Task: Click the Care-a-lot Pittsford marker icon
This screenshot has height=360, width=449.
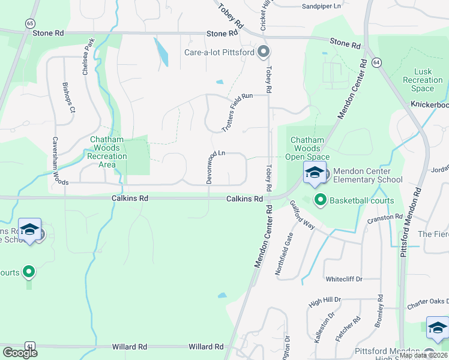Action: [x=263, y=53]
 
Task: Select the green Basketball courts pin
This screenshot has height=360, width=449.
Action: [x=320, y=200]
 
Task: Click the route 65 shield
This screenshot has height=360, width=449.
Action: [x=30, y=23]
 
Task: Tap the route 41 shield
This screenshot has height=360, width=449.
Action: [x=30, y=346]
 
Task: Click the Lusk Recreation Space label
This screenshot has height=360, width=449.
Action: [x=423, y=80]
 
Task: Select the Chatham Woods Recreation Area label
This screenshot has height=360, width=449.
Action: [x=107, y=152]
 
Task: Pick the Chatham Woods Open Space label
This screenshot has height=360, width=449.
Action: [x=307, y=148]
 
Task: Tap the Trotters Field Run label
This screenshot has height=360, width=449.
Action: [x=238, y=113]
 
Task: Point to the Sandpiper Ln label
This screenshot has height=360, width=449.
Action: [x=321, y=5]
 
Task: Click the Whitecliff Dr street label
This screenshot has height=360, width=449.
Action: [x=345, y=279]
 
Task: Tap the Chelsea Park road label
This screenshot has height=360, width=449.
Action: [x=89, y=56]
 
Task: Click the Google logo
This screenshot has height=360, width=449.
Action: [x=20, y=353]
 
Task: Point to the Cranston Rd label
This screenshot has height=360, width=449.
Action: [x=385, y=218]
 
